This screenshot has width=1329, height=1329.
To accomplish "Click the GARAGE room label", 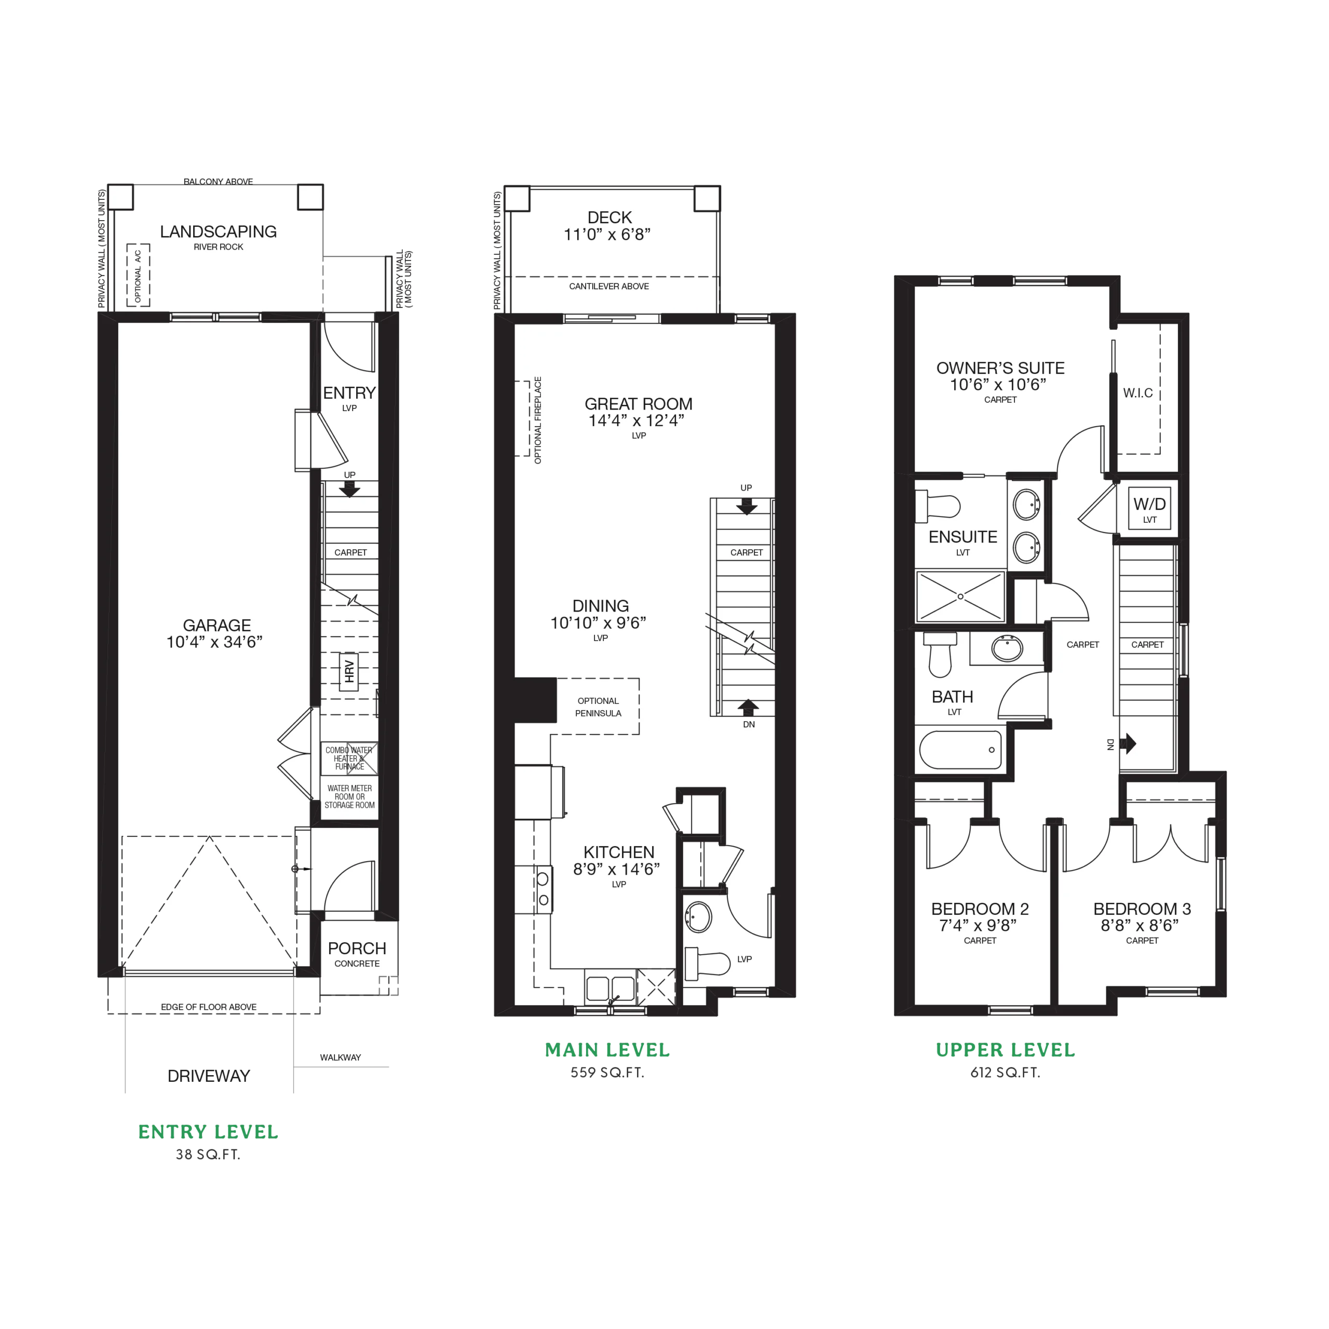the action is (x=216, y=625).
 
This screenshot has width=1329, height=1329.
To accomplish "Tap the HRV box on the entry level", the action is (x=349, y=671).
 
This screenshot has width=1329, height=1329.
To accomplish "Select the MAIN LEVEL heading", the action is (x=607, y=1050).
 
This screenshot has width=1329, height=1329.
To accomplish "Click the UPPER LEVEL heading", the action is (x=1005, y=1050).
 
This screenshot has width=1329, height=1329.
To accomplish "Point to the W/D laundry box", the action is (x=1149, y=508).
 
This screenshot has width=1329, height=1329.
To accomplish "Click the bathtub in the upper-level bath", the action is (x=960, y=749).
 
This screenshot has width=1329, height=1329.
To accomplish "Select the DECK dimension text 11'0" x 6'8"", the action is (x=607, y=235).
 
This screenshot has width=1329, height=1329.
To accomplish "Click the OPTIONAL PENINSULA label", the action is (x=598, y=707).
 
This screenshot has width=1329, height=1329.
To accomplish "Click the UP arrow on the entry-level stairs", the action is (x=350, y=489).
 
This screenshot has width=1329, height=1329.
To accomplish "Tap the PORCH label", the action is (x=357, y=948).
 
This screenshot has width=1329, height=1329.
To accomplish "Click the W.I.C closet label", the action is (x=1138, y=393).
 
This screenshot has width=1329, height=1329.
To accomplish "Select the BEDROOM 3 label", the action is (x=1142, y=908).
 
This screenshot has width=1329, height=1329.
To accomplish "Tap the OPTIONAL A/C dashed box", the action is (x=138, y=275).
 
